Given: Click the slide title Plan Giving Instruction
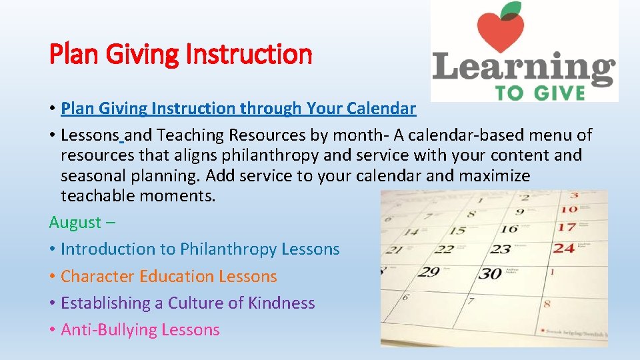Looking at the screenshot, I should tap(181, 54).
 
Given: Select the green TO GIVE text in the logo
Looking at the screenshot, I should tap(540, 93).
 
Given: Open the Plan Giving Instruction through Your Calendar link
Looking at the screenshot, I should tap(238, 108).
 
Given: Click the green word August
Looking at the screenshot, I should tap(75, 223).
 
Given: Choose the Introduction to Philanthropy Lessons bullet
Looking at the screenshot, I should tap(200, 249).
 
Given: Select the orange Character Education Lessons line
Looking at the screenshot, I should tap(169, 276).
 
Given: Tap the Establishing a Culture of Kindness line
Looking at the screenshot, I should tap(187, 303).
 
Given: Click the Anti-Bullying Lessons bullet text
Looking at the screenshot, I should tap(140, 329).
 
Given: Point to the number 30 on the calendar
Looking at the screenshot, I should tap(491, 273).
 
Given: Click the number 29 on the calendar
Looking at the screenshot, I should tap(429, 272).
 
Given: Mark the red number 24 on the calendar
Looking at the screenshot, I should tap(564, 248).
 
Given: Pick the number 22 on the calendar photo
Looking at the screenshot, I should tap(443, 250).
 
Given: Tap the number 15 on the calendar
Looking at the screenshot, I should tap(457, 231).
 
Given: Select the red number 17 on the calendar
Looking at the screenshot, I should tap(567, 227).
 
